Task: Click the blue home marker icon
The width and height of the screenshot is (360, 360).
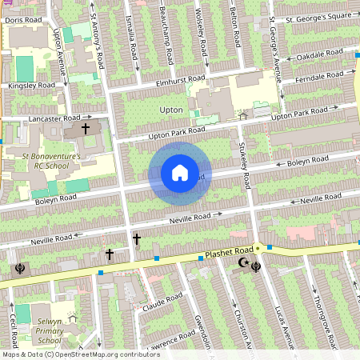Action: pos(180,173)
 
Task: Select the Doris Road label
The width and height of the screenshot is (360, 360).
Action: pos(22,20)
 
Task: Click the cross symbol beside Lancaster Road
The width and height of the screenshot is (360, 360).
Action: pos(86,128)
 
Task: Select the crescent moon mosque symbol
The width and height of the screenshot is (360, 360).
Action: pos(243,263)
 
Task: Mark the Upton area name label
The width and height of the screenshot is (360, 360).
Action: pos(172,110)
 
